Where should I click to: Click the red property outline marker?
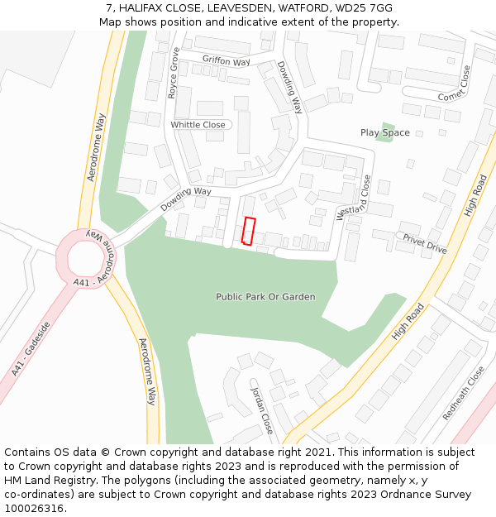pos(248,231)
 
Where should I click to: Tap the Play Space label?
pos(384,132)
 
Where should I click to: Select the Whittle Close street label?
pos(198,125)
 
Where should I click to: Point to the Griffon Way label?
pos(226,60)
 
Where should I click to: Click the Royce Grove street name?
pos(174,74)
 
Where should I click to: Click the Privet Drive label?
pos(425,243)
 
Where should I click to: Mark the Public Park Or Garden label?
pos(265,296)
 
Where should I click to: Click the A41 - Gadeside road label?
pos(31,349)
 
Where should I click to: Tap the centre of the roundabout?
pos(86,258)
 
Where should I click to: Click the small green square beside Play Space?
pos(384,132)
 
